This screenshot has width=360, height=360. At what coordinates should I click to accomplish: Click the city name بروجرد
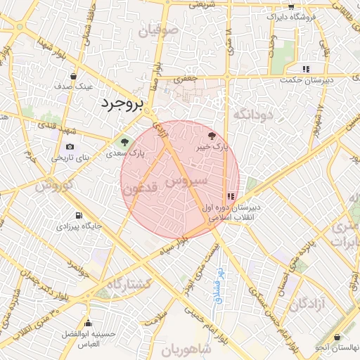122,103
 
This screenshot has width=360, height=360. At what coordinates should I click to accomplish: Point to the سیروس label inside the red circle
186,181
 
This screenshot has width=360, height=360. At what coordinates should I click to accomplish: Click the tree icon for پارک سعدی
126,141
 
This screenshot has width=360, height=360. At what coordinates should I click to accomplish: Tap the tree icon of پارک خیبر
213,135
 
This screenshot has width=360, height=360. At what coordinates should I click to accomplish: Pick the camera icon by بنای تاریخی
70,147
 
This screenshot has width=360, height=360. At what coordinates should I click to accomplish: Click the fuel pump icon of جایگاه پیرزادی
78,215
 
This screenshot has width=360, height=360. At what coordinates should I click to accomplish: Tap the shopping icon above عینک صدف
74,75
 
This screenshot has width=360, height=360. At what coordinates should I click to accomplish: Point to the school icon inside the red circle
231,196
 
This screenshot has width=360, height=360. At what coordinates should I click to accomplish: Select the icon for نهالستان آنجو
338,337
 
